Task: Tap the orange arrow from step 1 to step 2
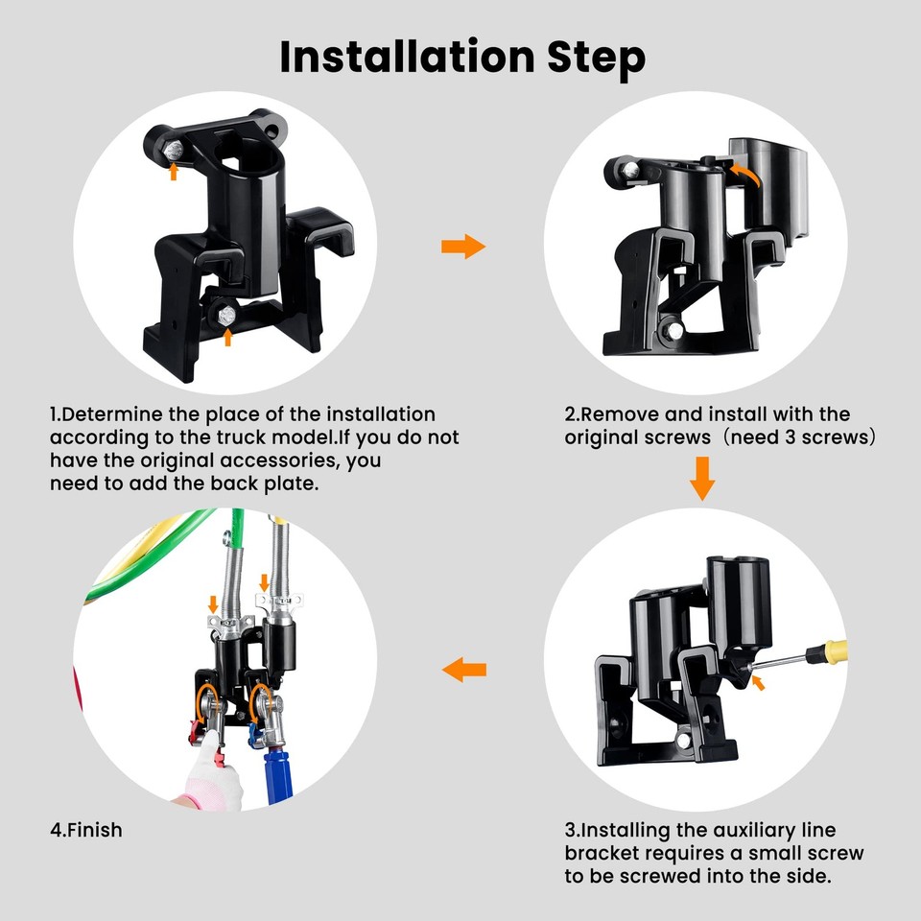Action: (x=462, y=247)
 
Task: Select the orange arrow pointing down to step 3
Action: (x=703, y=478)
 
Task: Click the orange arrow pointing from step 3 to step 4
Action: (x=466, y=669)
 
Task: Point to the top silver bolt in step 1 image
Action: (x=173, y=152)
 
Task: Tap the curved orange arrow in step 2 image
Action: (x=746, y=172)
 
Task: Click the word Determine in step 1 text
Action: (x=112, y=414)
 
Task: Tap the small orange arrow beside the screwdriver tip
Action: (x=758, y=682)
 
